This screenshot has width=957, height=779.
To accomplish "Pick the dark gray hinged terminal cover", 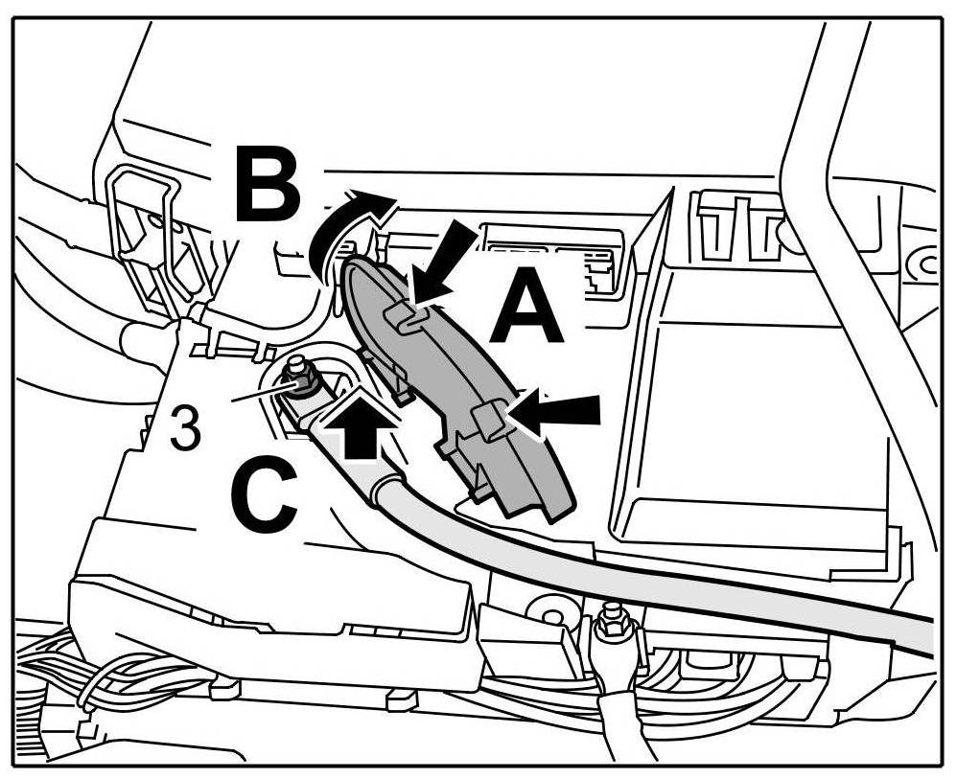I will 451,383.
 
